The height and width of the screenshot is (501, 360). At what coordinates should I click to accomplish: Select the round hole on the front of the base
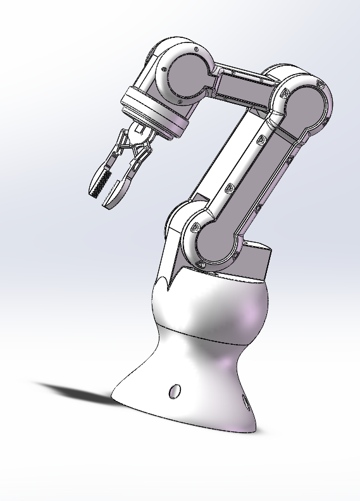(174, 391)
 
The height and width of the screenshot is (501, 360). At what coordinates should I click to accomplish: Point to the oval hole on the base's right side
(245, 402)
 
